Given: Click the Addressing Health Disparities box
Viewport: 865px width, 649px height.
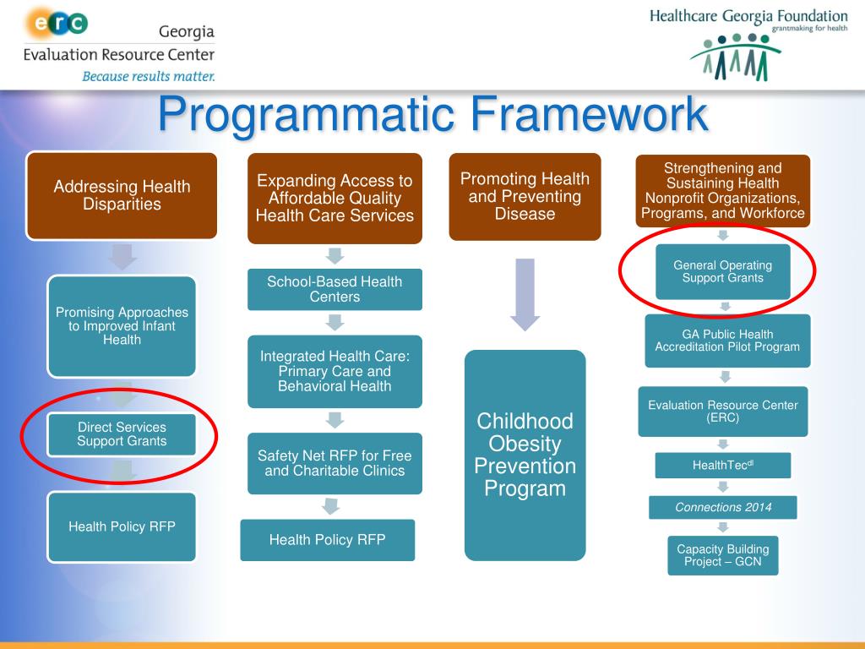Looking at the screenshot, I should click(122, 195).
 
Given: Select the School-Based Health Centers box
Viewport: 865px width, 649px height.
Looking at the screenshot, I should click(335, 289).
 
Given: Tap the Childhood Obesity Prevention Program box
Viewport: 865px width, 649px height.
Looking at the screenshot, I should click(525, 455).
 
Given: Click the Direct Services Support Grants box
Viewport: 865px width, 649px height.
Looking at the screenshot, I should click(122, 434).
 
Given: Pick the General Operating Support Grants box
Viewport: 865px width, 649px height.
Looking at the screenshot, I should click(722, 271).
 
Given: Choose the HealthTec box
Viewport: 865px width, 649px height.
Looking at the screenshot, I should click(722, 465).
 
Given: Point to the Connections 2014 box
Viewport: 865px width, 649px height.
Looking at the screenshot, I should click(723, 508).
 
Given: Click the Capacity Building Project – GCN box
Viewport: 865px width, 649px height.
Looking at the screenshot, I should click(722, 555).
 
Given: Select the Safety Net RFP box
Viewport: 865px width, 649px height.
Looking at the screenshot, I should click(335, 463).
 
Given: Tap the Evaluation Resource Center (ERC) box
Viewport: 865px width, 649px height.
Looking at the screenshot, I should click(722, 412).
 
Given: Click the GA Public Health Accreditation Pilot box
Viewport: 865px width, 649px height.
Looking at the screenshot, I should click(727, 341).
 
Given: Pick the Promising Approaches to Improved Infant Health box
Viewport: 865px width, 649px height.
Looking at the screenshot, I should click(122, 326).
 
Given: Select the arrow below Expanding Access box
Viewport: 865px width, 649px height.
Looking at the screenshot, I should click(335, 255).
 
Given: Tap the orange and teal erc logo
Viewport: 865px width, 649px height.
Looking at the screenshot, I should click(57, 23).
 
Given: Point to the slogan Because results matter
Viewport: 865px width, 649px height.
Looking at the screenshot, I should click(148, 76).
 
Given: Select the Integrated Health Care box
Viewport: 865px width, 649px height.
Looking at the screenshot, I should click(335, 371).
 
